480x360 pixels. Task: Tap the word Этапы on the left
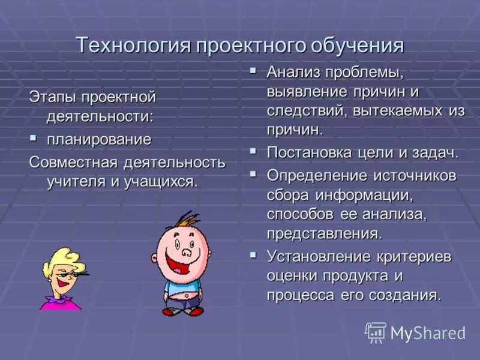[53, 97]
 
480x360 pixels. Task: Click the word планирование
[99, 139]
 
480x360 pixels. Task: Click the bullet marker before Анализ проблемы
[254, 71]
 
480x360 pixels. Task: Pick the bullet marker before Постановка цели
[254, 151]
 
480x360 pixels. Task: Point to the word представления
[324, 233]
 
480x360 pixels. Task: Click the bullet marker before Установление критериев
[254, 255]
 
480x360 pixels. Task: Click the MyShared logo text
[427, 333]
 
